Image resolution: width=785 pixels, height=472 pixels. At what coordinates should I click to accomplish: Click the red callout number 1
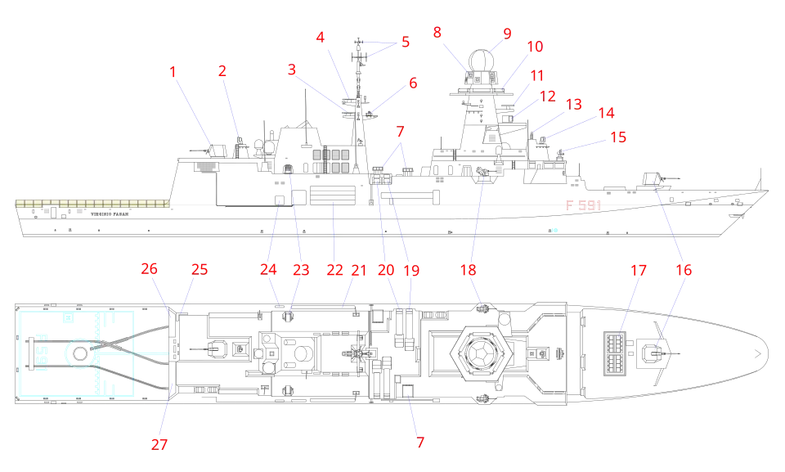[173, 72]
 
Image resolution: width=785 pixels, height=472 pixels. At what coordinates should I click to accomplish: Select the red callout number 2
[222, 70]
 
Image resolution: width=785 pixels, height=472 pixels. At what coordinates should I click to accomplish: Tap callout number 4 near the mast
[321, 37]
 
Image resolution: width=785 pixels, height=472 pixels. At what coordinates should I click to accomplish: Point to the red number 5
[405, 42]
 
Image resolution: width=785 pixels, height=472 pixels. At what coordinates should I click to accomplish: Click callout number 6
[412, 82]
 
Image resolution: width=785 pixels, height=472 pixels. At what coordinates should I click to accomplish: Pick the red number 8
[437, 32]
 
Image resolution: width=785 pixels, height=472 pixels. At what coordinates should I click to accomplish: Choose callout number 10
[535, 47]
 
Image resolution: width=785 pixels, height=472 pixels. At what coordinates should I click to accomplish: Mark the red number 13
[573, 104]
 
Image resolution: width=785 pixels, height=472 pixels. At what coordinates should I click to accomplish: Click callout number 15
[618, 137]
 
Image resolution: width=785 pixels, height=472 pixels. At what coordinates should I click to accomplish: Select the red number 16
[684, 269]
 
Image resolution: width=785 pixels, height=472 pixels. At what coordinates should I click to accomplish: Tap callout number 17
[637, 269]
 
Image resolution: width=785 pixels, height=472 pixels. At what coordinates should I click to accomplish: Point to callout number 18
[468, 269]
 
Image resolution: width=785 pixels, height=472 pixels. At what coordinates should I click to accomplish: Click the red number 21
[358, 269]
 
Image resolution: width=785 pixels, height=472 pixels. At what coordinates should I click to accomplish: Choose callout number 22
[335, 269]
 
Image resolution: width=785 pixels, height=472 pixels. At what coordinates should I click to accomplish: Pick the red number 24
[269, 269]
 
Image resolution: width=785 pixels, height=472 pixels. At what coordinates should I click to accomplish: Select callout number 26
[148, 268]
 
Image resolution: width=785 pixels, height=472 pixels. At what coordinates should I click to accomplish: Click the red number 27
[159, 444]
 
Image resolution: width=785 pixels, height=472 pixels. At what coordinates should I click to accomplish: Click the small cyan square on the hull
[555, 228]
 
